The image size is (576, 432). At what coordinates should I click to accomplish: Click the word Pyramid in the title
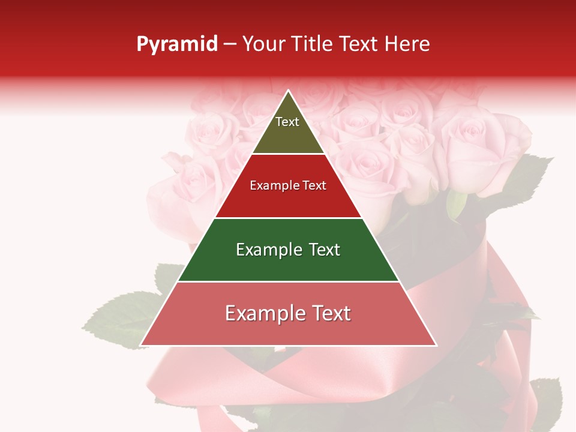point(176,44)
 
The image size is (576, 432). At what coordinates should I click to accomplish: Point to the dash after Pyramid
point(230,44)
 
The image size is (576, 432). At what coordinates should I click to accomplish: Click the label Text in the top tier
point(287,122)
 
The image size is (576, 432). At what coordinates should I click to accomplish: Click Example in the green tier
point(266,250)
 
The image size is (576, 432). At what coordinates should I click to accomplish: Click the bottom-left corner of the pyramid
point(141,345)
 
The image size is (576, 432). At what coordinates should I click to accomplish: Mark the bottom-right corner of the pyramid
point(436,345)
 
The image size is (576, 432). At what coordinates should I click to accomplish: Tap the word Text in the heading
point(361,44)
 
